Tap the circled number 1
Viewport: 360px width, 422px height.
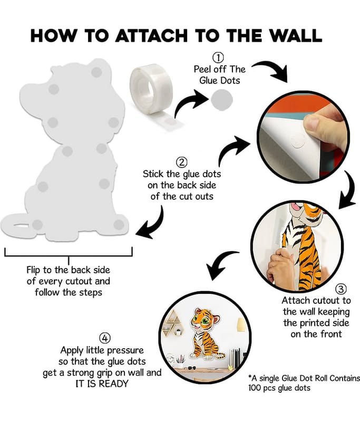[218, 57]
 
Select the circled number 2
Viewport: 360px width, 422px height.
[182, 162]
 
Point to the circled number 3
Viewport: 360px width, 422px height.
[341, 289]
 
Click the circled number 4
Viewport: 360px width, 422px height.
[105, 338]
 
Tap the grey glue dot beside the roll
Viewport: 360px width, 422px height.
[222, 100]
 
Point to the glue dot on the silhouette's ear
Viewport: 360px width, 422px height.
[96, 72]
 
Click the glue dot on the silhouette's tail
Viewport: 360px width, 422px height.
[37, 225]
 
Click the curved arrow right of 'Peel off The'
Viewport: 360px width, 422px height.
[272, 70]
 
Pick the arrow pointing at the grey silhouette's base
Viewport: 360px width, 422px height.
[152, 224]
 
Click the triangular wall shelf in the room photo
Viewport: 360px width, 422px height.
[173, 323]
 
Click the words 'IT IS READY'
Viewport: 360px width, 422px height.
[102, 384]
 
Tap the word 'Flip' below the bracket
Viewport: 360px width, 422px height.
[33, 270]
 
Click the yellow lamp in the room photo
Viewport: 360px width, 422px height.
[242, 324]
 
